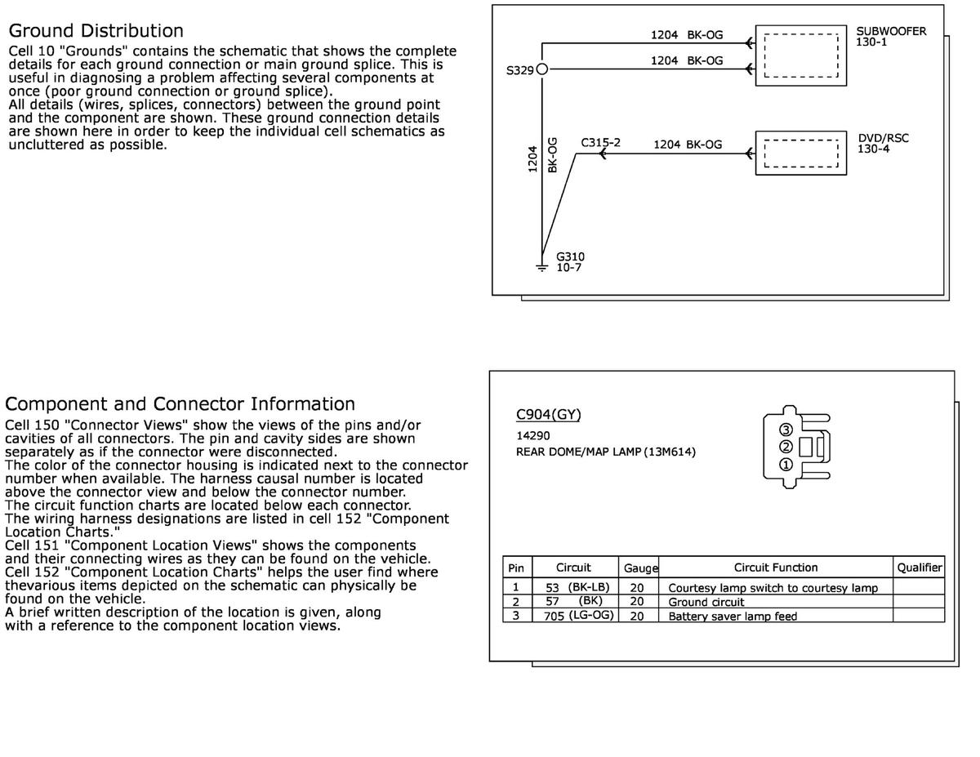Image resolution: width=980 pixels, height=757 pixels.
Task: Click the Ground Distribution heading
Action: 96,31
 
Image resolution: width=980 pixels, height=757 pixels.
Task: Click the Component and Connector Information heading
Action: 180,404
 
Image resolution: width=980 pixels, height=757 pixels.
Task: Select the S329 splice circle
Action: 541,70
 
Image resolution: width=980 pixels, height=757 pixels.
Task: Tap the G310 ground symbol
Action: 541,266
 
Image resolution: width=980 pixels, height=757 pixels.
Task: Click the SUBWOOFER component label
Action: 891,32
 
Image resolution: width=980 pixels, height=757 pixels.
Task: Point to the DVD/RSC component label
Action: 883,138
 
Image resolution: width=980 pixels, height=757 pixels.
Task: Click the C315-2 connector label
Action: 600,143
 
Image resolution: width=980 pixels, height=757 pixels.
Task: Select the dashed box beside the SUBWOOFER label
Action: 800,56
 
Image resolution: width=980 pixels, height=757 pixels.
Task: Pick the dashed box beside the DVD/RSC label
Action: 800,153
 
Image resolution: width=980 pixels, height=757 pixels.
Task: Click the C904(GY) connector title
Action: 548,415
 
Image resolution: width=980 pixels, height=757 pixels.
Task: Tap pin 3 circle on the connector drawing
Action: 786,430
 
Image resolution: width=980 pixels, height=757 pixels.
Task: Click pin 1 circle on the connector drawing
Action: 786,465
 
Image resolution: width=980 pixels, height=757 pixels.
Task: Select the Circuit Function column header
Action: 775,568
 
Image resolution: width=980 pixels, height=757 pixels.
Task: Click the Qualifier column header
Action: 919,568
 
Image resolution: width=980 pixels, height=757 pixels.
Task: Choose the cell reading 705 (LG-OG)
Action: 578,616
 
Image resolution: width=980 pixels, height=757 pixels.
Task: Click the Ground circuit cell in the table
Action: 706,602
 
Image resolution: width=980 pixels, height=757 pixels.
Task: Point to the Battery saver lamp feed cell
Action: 733,617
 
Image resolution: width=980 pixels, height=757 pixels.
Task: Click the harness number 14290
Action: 532,436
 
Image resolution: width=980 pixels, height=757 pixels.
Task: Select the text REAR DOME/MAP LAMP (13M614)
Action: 605,452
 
